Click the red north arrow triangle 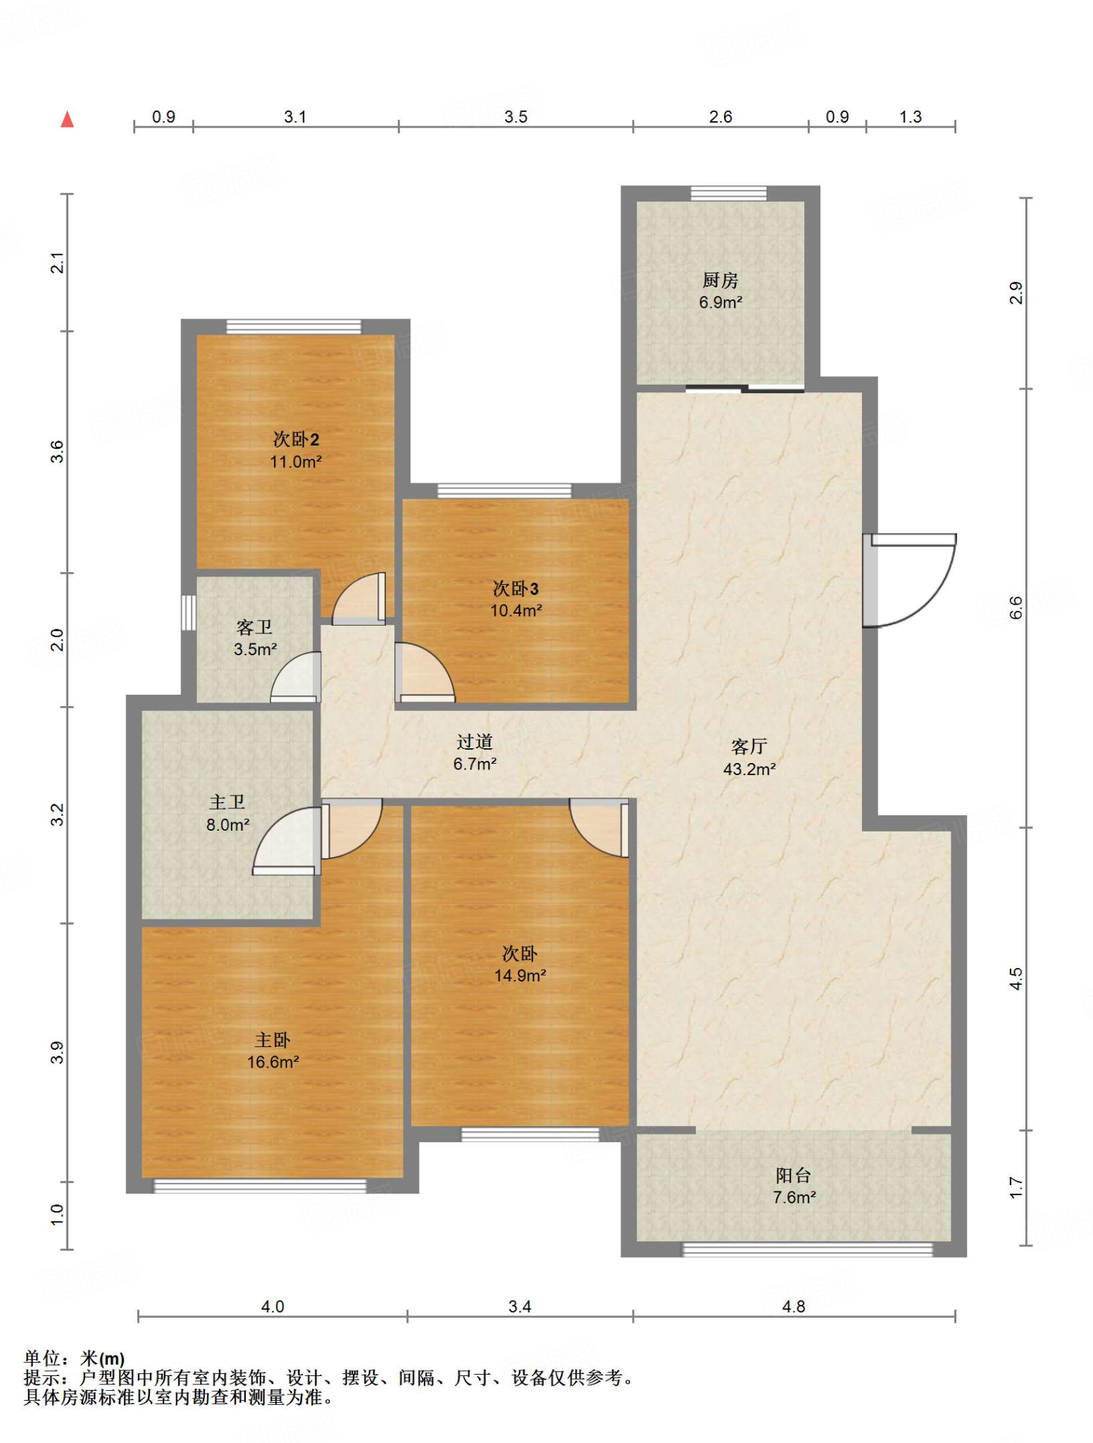click(68, 119)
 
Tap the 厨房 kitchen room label click(720, 280)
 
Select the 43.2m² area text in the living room click(749, 769)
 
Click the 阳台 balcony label click(794, 1175)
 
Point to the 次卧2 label click(296, 440)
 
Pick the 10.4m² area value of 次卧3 click(516, 610)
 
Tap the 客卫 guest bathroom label click(254, 627)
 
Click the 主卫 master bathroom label click(227, 802)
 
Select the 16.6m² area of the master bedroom click(273, 1062)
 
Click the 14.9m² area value click(520, 976)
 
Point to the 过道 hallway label click(475, 741)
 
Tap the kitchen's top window click(728, 193)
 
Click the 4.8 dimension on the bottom click(794, 1307)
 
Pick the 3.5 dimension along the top click(516, 117)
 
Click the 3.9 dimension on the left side click(58, 1053)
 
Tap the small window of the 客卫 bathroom click(188, 612)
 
